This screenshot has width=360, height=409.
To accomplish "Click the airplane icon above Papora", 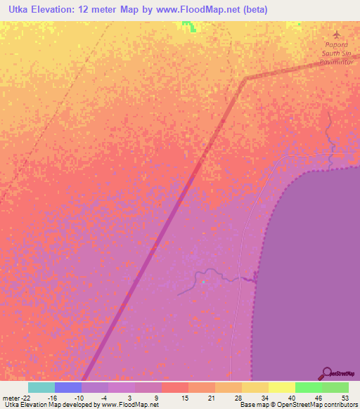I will pyautogui.click(x=335, y=34).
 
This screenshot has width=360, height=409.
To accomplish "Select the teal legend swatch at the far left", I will pyautogui.click(x=41, y=387).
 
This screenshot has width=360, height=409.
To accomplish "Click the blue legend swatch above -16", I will pyautogui.click(x=68, y=387).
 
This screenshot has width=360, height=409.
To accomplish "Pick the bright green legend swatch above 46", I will pyautogui.click(x=308, y=387).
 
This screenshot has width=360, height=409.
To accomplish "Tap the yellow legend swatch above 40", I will pyautogui.click(x=281, y=387).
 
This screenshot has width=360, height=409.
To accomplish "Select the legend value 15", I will pyautogui.click(x=184, y=398).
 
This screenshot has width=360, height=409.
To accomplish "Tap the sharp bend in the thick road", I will pyautogui.click(x=243, y=79).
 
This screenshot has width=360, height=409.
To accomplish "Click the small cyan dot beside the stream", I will pyautogui.click(x=203, y=283).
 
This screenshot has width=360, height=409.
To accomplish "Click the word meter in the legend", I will pyautogui.click(x=12, y=398).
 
